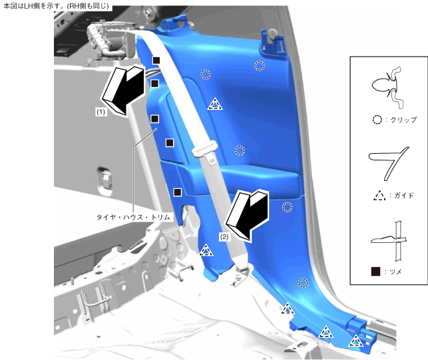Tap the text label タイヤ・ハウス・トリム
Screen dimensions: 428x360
(133, 217)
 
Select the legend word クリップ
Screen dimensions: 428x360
(403, 120)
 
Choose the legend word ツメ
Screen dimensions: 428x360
(395, 271)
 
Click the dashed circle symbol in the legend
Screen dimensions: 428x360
(377, 120)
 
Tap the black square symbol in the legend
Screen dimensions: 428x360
(375, 271)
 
